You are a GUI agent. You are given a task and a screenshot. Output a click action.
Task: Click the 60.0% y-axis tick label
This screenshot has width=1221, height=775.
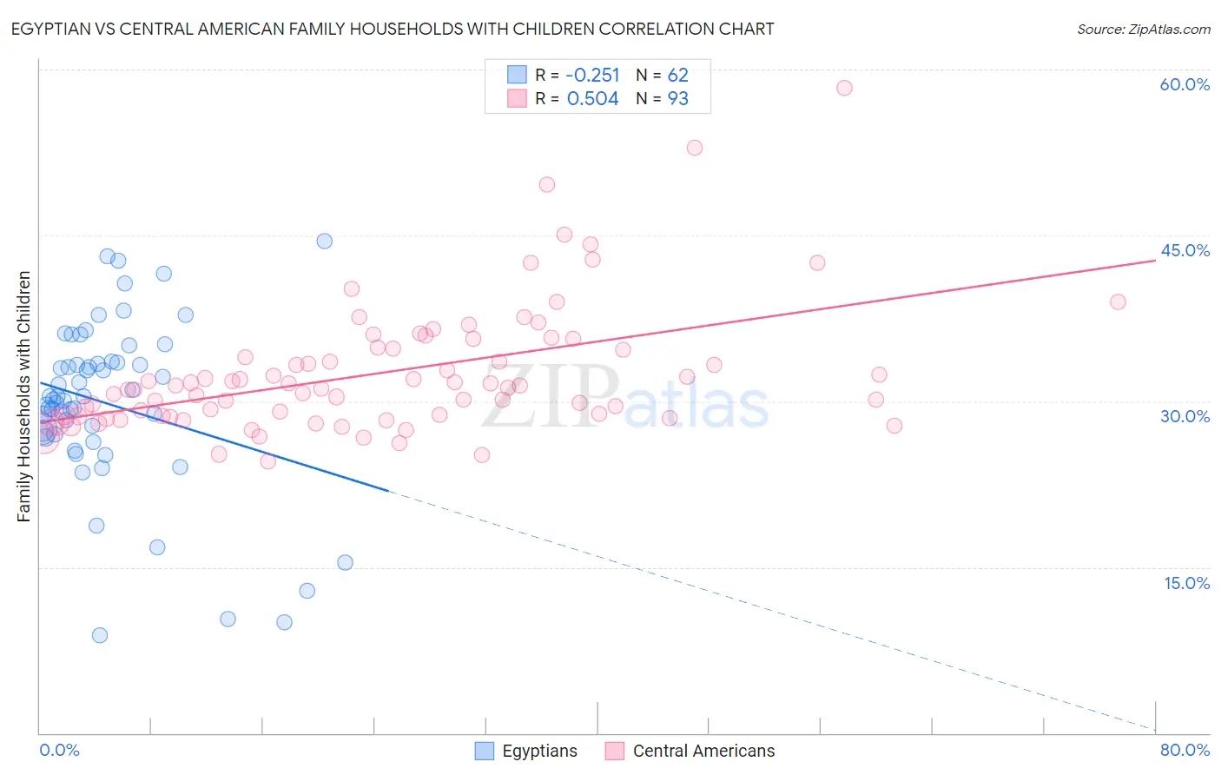tap(1185, 84)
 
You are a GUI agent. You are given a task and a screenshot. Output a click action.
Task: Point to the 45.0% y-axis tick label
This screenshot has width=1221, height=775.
tap(1185, 250)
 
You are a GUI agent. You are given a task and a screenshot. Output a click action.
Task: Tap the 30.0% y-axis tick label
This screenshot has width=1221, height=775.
tap(1185, 416)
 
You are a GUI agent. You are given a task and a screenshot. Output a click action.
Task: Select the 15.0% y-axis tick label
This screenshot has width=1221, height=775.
tap(1186, 583)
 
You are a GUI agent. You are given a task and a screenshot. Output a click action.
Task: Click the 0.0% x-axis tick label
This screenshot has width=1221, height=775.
tap(59, 750)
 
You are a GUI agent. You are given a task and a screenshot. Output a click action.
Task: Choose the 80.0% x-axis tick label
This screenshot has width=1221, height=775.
tap(1185, 750)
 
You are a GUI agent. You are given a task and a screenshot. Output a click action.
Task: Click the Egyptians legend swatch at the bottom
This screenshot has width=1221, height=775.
tap(485, 751)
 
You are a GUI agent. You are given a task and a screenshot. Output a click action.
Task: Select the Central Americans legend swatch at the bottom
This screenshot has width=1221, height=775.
tap(615, 751)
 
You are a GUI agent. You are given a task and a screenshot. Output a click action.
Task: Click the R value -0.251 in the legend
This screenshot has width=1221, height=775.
tap(592, 76)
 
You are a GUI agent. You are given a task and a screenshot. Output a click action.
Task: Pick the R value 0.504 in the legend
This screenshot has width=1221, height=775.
tap(592, 99)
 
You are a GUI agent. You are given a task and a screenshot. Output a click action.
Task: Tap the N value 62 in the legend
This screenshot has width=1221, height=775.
tap(677, 76)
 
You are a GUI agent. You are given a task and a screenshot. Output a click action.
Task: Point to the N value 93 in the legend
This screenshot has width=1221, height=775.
tap(677, 99)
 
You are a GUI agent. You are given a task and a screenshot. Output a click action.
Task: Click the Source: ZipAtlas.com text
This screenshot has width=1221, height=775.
tap(1143, 30)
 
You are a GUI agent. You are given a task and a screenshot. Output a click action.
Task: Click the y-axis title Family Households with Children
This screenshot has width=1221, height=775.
tap(24, 396)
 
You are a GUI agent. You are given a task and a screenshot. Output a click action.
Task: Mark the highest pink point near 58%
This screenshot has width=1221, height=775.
tap(844, 88)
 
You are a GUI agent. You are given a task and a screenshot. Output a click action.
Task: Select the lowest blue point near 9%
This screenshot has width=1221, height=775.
tap(100, 635)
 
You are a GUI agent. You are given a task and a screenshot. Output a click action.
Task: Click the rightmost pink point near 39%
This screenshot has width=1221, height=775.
tap(1118, 302)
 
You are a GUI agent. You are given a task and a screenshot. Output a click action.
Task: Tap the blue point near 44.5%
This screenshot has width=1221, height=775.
tap(324, 242)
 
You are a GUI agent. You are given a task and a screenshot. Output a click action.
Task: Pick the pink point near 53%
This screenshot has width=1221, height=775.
tap(695, 148)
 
